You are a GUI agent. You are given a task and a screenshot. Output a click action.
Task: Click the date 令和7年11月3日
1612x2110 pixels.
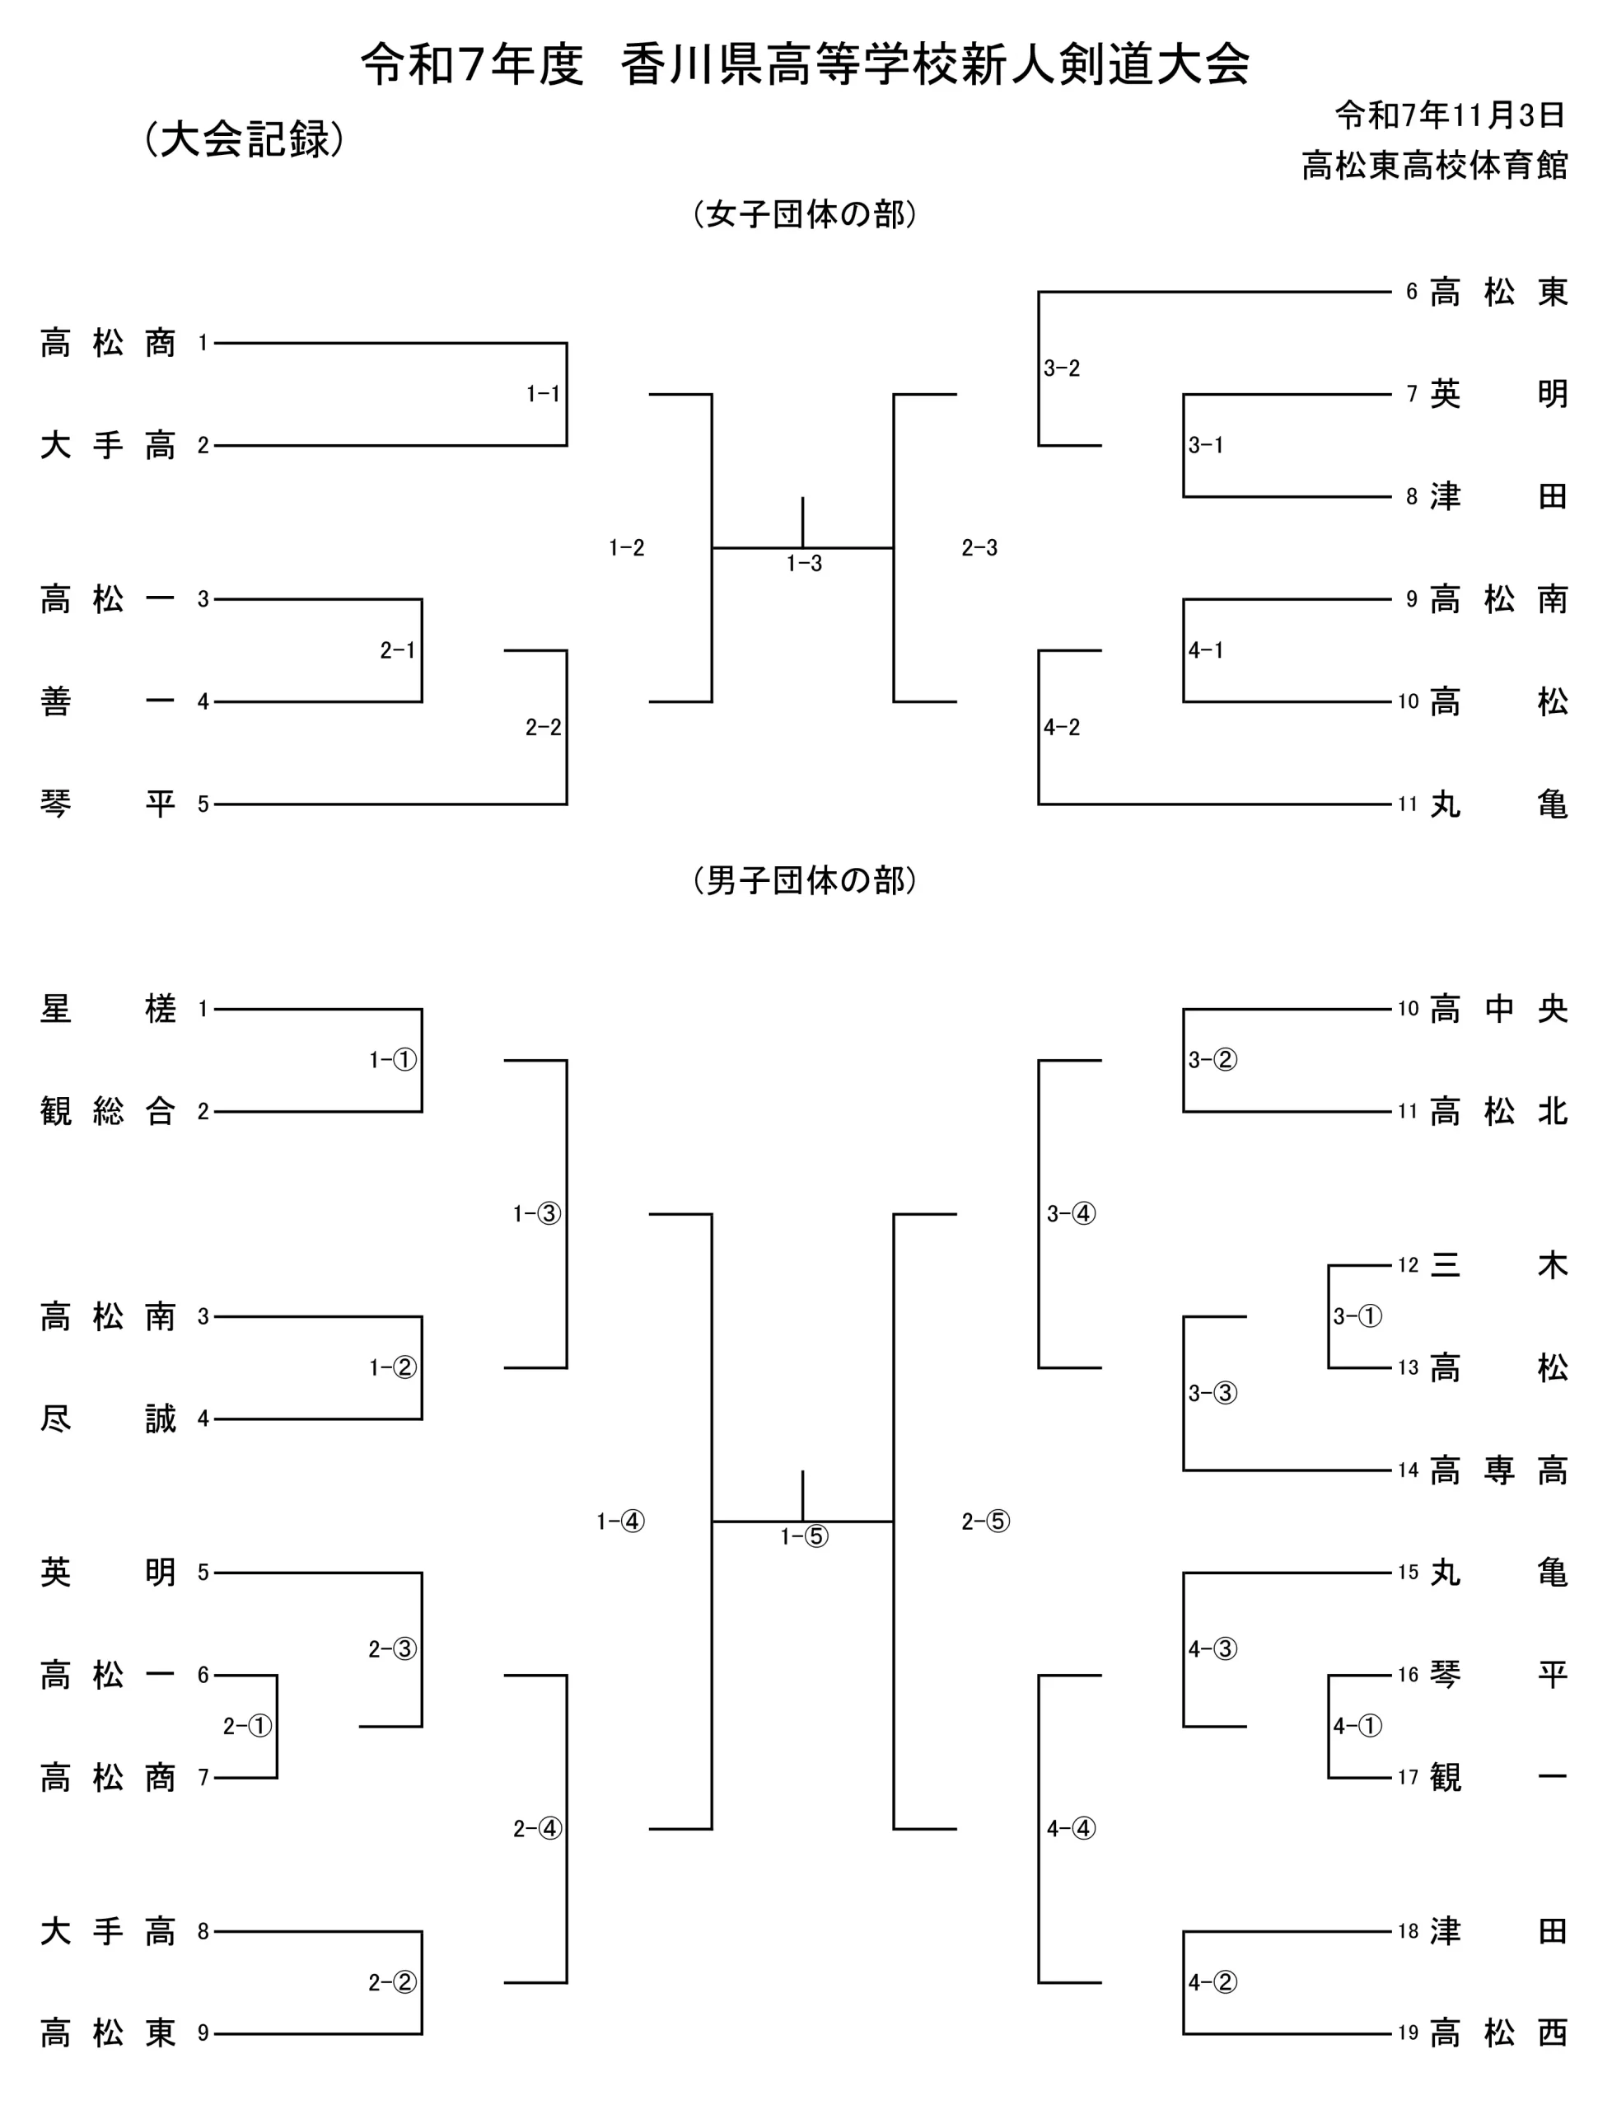coord(1450,115)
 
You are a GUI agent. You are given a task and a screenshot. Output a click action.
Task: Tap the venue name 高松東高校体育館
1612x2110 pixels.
coord(1433,165)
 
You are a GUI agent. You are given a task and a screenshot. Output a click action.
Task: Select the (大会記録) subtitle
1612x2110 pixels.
coord(244,139)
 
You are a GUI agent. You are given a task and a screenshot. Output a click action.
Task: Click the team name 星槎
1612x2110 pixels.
coord(107,1009)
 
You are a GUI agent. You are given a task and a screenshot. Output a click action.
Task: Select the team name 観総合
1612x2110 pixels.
coord(107,1112)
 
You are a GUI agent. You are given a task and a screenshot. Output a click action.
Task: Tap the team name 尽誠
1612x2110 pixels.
coord(107,1418)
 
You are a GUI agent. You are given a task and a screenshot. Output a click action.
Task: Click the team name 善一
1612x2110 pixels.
coord(107,701)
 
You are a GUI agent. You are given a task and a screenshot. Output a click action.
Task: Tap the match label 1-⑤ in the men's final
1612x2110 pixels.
coord(804,1537)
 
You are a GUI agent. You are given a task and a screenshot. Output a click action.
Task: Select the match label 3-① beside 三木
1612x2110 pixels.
coord(1357,1316)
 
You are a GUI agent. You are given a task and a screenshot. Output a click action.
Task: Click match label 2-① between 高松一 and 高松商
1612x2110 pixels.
coord(248,1726)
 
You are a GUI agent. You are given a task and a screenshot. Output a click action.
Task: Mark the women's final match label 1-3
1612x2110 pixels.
coord(804,564)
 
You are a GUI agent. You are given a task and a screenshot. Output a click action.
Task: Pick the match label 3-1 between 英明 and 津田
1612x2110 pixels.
coord(1205,445)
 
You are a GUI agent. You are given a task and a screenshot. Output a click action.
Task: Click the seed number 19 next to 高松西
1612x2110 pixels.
coord(1407,2033)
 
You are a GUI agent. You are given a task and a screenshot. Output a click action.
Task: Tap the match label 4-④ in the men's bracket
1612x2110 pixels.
coord(1071,1829)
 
